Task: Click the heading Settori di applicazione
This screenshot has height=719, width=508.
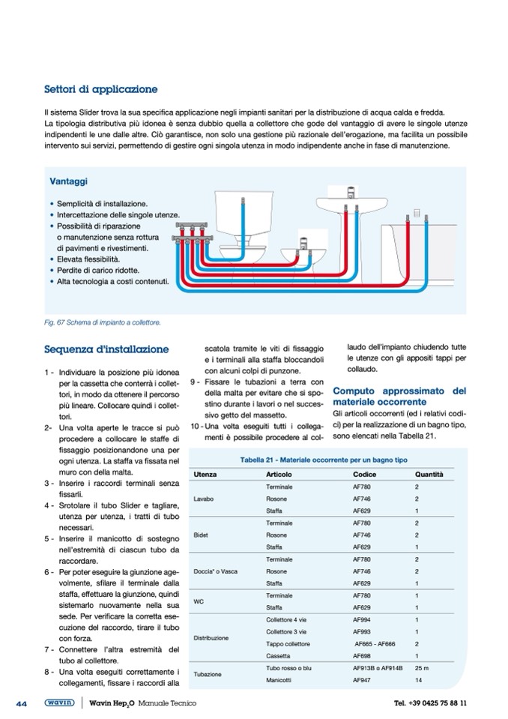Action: click(100, 90)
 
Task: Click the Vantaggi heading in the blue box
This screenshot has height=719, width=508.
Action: click(67, 182)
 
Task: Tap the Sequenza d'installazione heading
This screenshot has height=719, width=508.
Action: click(106, 349)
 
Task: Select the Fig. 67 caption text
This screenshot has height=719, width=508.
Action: click(103, 322)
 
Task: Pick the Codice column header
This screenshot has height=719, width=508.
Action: click(365, 475)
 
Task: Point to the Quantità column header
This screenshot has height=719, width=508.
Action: click(429, 475)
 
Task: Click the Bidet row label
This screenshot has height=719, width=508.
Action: click(200, 535)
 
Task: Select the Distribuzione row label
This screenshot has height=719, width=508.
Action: click(211, 638)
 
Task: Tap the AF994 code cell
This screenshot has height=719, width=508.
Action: click(362, 620)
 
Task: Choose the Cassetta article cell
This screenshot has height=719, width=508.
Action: click(279, 655)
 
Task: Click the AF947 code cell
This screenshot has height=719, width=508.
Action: click(362, 680)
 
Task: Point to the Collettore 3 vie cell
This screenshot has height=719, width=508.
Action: click(286, 632)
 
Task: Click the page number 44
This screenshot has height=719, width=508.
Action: click(22, 703)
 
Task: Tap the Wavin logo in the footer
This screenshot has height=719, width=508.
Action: click(58, 703)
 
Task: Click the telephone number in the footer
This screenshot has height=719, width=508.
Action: click(430, 703)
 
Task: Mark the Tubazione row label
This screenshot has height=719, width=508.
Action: click(207, 674)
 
